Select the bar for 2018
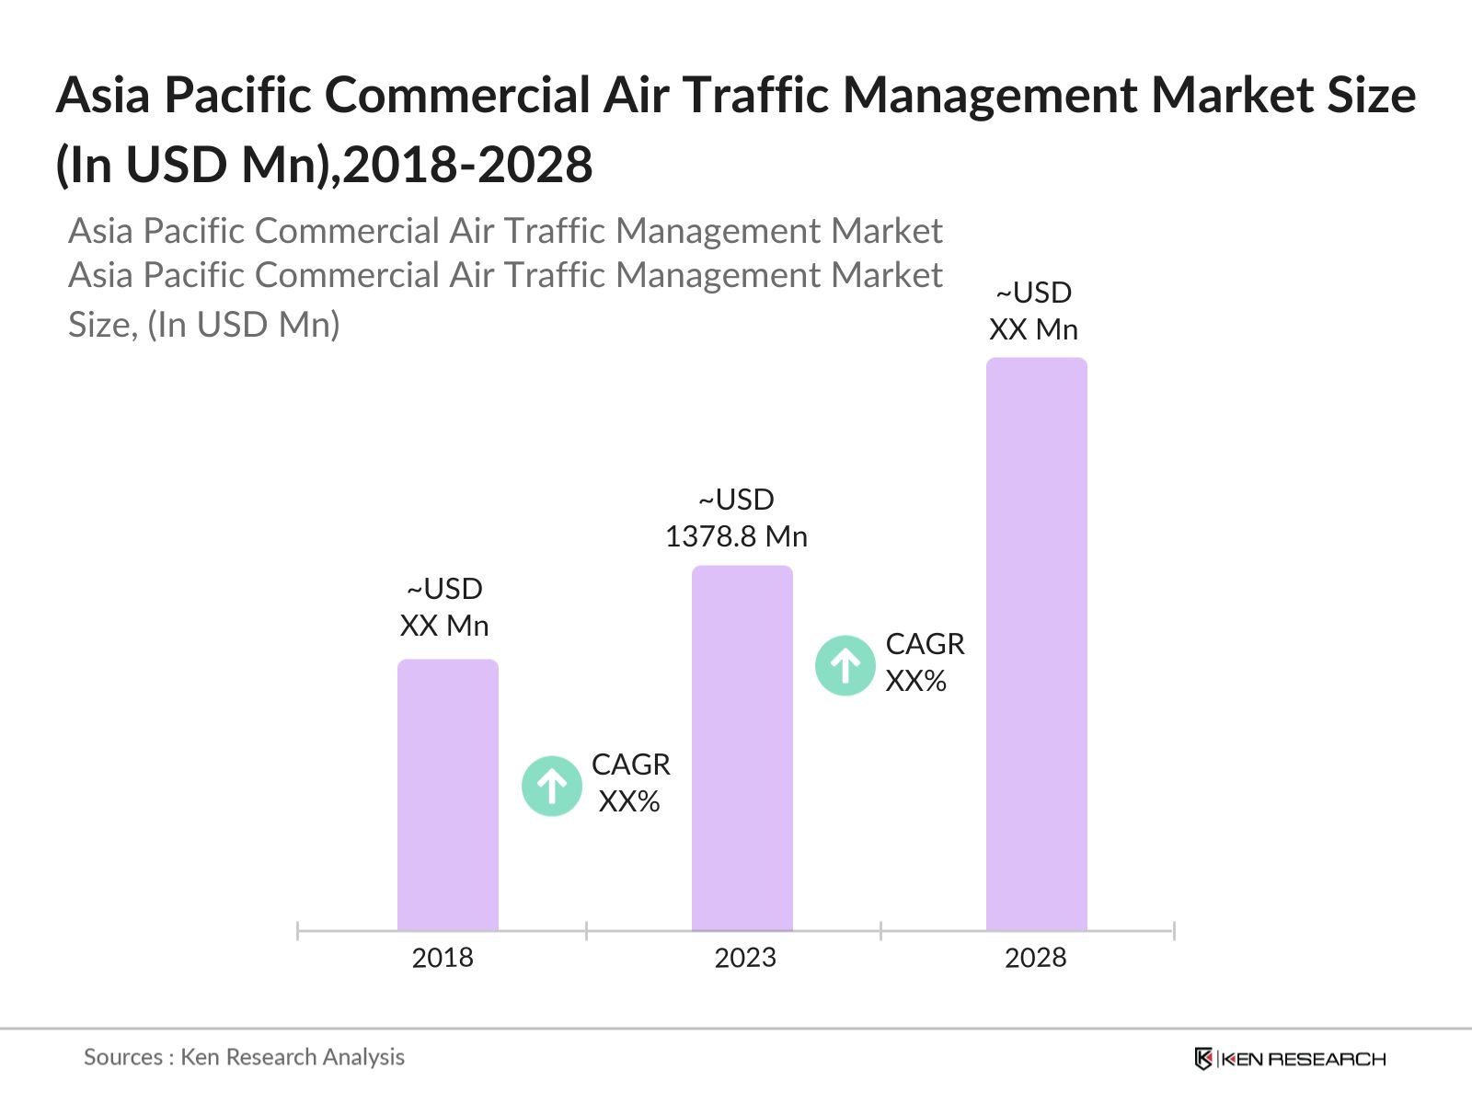[448, 795]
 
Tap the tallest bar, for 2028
[1037, 644]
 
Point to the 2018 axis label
[443, 958]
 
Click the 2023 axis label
[745, 958]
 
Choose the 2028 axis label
[1036, 958]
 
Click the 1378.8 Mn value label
[736, 536]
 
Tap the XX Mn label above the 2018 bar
[444, 626]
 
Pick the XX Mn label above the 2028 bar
[1033, 329]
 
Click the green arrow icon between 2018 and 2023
[552, 786]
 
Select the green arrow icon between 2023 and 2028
[845, 665]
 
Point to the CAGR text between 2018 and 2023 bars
[631, 765]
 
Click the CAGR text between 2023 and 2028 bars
[926, 644]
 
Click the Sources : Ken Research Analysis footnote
[244, 1057]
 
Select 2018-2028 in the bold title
[468, 166]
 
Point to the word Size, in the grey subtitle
[101, 325]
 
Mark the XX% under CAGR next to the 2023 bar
[916, 681]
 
